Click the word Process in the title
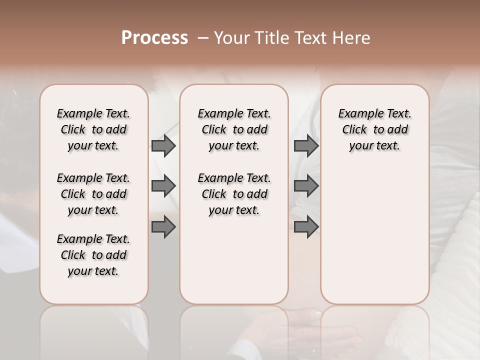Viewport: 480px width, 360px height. [x=154, y=38]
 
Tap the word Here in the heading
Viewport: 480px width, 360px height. [x=352, y=38]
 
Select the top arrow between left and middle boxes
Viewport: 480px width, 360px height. [x=163, y=145]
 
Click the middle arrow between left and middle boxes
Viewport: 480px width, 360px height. [x=163, y=186]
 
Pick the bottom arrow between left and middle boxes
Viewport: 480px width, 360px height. [x=163, y=227]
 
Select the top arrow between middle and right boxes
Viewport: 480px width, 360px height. [x=306, y=145]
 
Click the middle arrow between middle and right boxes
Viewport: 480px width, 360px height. [x=306, y=186]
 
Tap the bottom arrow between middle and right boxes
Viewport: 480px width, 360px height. [x=306, y=227]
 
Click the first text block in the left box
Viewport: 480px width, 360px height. [x=93, y=129]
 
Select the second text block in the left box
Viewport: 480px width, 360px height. [x=93, y=194]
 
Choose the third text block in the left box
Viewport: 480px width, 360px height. [x=93, y=255]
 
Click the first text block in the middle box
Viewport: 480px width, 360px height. [x=234, y=129]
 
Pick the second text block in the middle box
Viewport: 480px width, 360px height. [x=234, y=194]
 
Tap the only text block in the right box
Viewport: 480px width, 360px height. [x=374, y=129]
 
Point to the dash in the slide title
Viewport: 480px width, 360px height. [x=203, y=38]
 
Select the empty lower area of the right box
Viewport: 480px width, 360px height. [x=374, y=235]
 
